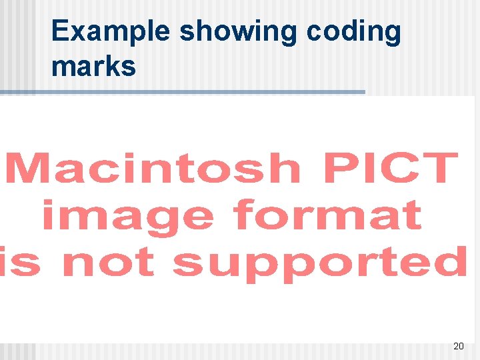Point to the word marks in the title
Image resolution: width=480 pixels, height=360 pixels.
[93, 66]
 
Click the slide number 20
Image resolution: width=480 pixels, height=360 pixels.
[458, 346]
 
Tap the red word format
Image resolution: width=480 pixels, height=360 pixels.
[328, 215]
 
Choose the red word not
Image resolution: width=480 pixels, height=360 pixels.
[107, 262]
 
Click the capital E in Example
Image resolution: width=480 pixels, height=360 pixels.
[60, 32]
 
